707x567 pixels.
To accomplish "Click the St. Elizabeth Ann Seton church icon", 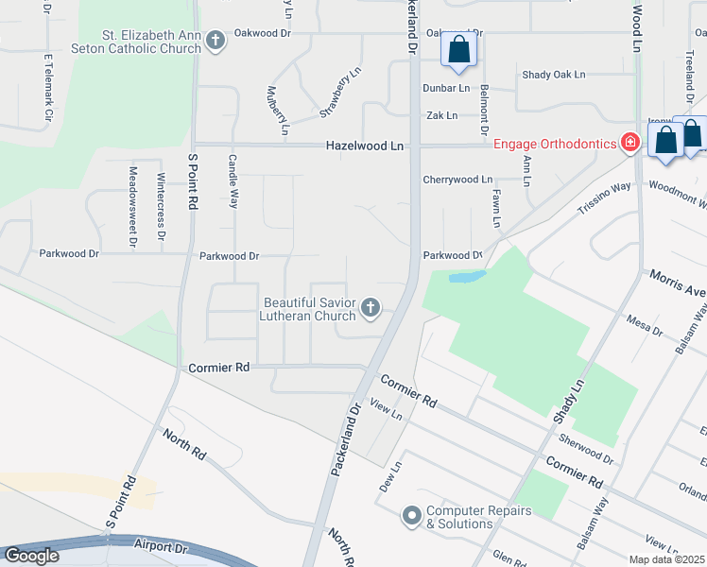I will (216, 40).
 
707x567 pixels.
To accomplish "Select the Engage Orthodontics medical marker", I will (630, 143).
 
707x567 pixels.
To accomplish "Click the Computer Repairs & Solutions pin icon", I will (411, 516).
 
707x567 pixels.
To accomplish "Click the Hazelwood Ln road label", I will (365, 146).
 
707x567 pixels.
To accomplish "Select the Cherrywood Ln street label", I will (457, 179).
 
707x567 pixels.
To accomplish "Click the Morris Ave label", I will (677, 281).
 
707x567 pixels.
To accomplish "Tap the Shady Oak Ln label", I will (554, 75).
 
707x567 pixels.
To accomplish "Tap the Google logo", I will (30, 557).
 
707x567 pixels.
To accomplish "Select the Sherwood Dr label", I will (586, 450).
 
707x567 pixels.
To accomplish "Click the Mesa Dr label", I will (645, 330).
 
